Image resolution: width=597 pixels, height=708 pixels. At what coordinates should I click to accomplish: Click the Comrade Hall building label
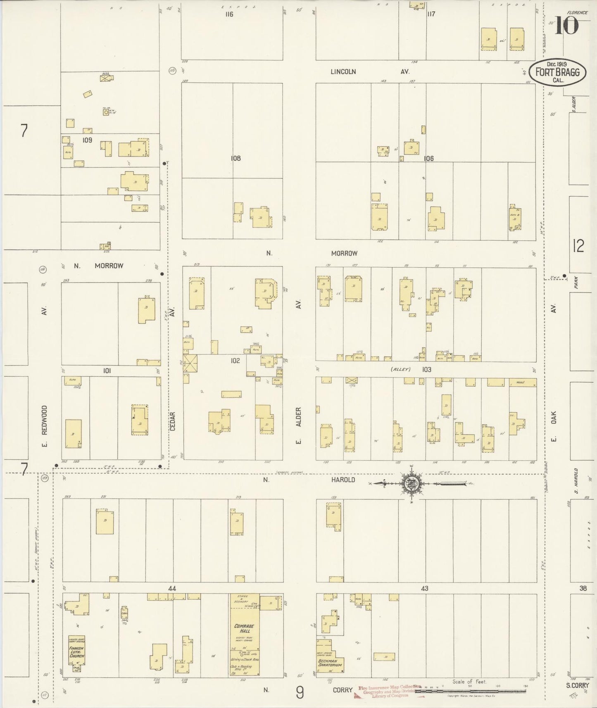[244, 629]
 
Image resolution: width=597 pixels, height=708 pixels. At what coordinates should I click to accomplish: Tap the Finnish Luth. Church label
[77, 653]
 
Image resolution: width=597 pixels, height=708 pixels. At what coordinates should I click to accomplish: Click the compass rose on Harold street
[411, 483]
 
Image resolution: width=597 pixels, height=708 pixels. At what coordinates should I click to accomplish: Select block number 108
[235, 158]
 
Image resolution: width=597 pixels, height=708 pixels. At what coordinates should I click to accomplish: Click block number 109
[87, 140]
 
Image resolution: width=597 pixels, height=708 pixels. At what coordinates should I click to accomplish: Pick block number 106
[428, 158]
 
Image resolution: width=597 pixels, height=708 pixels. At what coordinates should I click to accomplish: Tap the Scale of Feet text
[469, 682]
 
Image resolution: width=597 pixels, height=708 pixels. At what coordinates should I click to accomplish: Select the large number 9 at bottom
[300, 692]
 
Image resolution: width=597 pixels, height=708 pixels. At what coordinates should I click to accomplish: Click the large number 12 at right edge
[578, 246]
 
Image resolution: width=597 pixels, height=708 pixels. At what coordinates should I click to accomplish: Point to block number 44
[172, 588]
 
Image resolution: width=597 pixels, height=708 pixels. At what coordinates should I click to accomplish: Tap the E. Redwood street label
[44, 425]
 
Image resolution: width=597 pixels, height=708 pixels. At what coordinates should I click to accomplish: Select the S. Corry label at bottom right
[577, 685]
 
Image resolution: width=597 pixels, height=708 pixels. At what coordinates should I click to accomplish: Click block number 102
[235, 361]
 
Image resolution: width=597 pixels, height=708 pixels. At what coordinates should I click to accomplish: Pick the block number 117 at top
[431, 14]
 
